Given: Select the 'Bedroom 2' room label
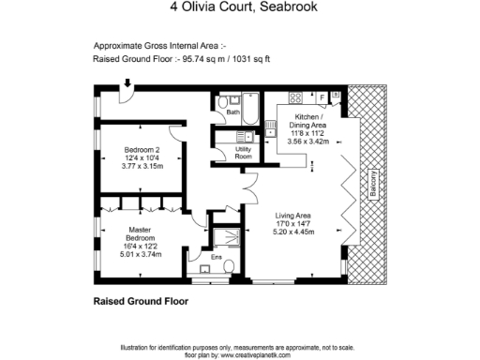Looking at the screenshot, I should tap(143, 150).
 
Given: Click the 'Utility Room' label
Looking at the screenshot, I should tap(243, 153).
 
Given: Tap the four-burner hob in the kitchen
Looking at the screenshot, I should tap(296, 97).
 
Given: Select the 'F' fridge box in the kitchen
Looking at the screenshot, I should tap(322, 97).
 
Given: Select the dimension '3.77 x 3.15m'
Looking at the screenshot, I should tap(143, 166).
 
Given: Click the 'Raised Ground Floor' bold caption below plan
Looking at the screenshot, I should tap(141, 302).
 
